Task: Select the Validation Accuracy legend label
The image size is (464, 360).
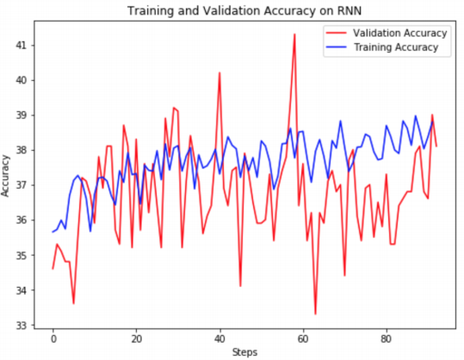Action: [399, 33]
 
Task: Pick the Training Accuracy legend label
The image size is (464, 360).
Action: [396, 47]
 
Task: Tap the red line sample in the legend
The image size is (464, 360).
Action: [336, 33]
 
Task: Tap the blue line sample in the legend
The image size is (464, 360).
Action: [336, 47]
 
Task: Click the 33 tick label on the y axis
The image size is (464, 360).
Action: [21, 325]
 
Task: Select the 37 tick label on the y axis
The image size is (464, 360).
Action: [21, 185]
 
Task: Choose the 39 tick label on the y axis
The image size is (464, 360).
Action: [21, 115]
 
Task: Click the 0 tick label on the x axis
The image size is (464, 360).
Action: [53, 338]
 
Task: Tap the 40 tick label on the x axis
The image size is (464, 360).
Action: [220, 338]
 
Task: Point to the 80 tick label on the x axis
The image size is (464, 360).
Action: [387, 338]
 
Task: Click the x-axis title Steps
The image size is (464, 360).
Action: [244, 352]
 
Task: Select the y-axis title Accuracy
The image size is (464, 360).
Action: [5, 176]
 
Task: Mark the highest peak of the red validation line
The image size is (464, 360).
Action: [294, 34]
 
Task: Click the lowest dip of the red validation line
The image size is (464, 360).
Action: [315, 314]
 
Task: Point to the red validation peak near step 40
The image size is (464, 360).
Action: [220, 72]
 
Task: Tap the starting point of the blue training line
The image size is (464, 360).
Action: [53, 232]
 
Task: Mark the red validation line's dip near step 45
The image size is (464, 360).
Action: [240, 286]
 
